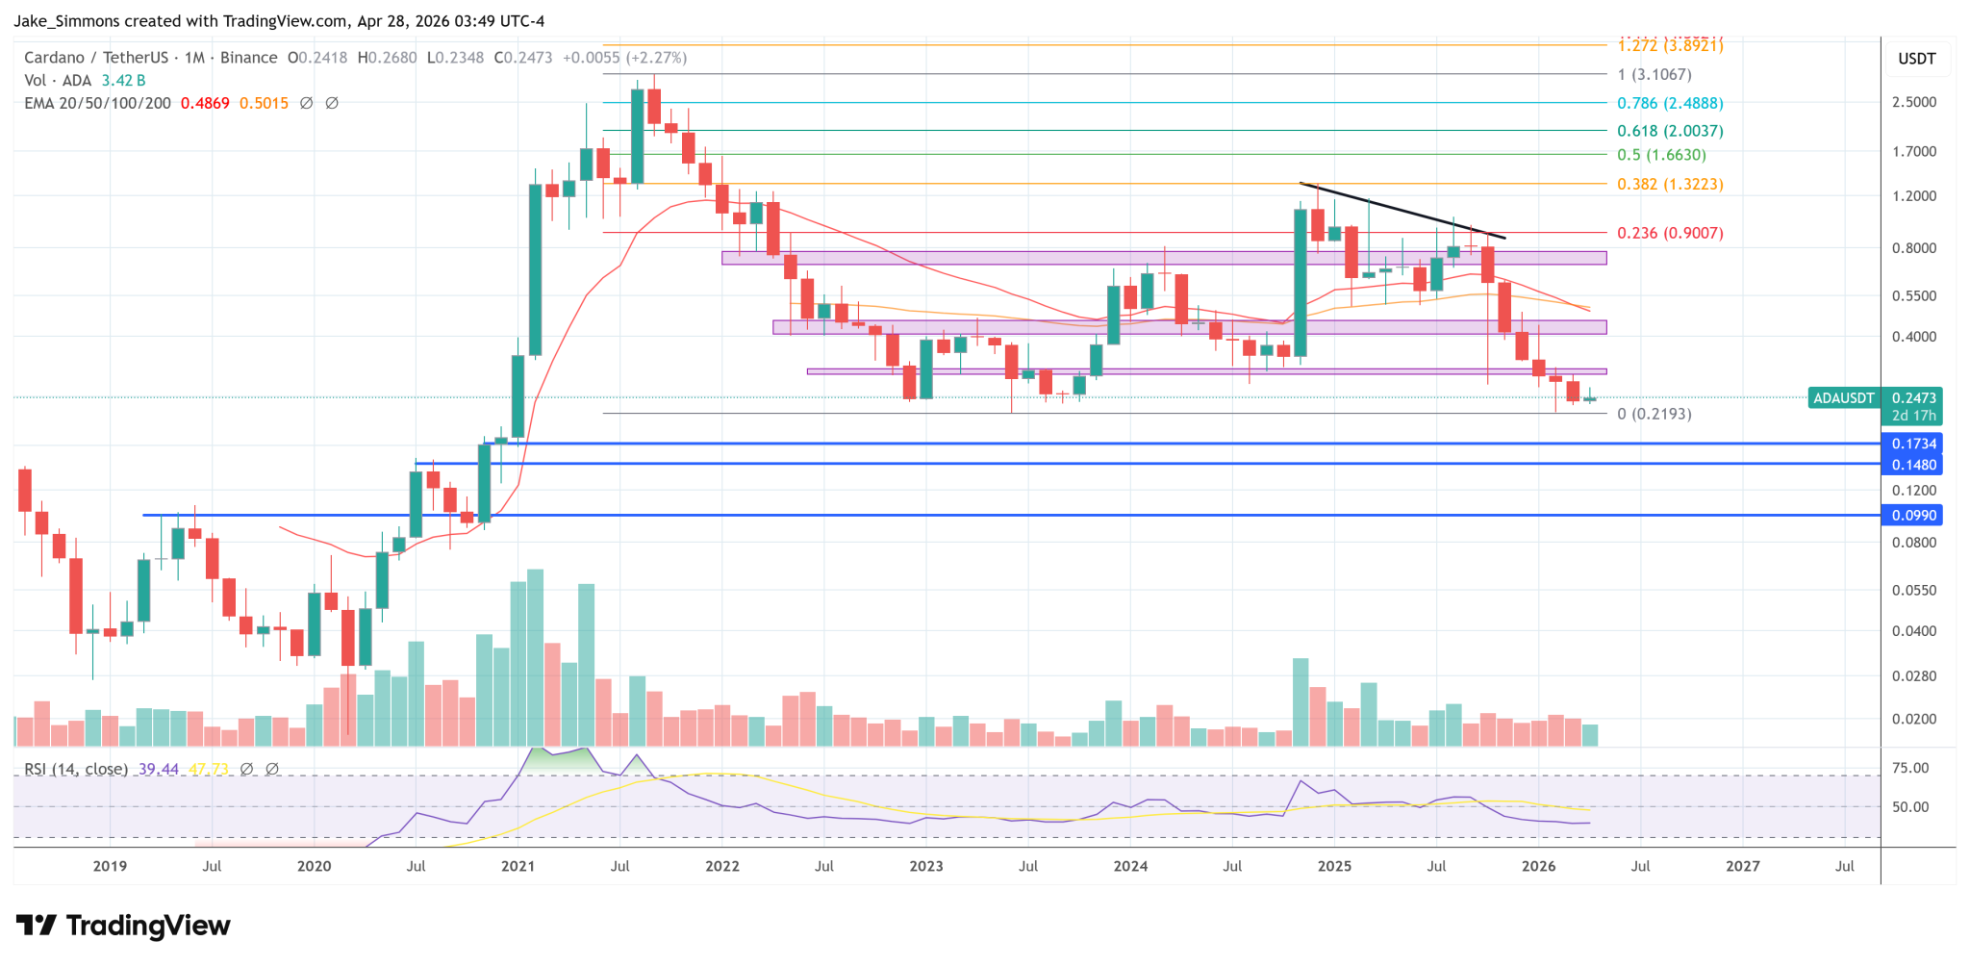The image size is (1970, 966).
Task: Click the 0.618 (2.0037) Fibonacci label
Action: pos(1669,131)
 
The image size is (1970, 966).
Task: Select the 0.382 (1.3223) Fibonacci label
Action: pos(1669,184)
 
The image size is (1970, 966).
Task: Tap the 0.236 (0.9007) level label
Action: pos(1669,233)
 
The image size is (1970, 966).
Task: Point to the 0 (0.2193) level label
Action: pos(1654,414)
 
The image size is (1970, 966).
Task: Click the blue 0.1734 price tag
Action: pos(1912,444)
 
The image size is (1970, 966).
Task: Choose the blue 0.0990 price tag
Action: pos(1912,516)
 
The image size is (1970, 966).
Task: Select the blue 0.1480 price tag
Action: pos(1912,465)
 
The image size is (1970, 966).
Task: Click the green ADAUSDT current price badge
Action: pos(1843,398)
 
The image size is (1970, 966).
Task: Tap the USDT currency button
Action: pos(1916,59)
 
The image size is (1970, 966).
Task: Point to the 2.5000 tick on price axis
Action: pos(1913,102)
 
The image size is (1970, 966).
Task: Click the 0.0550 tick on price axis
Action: pos(1913,590)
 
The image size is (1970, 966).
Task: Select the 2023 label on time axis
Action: pos(925,866)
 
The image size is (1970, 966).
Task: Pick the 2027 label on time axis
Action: pos(1742,866)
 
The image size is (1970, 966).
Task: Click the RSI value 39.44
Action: pos(158,769)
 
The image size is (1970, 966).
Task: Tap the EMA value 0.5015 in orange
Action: pos(264,103)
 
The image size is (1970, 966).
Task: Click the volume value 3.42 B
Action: pos(123,81)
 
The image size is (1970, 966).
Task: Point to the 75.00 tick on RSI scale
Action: pos(1909,768)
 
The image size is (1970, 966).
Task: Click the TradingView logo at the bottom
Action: pos(123,926)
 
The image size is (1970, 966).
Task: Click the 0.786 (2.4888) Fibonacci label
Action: pos(1669,103)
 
